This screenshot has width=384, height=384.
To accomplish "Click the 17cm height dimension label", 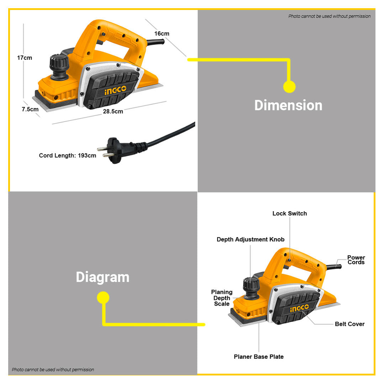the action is [x=25, y=58].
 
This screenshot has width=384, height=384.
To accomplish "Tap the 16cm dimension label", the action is [x=162, y=33].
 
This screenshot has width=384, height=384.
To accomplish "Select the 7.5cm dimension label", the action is [x=30, y=109].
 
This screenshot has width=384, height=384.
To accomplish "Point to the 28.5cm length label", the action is [x=113, y=111].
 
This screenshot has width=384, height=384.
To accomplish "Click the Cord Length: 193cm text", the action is [x=68, y=156].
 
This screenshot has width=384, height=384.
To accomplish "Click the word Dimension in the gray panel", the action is [x=288, y=105].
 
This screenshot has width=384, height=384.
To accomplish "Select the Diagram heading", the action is [x=103, y=277].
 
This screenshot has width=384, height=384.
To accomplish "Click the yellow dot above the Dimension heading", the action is [x=289, y=87].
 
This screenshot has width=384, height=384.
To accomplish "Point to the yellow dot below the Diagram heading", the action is [x=103, y=297].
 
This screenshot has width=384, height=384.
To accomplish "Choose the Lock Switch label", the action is [x=290, y=214].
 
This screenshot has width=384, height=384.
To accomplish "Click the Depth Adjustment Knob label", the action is [x=250, y=239].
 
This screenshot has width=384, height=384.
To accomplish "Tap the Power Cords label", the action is [x=356, y=260].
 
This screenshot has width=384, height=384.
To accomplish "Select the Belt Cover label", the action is [x=350, y=324].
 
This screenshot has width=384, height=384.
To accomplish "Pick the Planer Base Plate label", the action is [x=259, y=357].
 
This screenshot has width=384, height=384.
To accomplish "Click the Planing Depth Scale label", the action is [x=222, y=298].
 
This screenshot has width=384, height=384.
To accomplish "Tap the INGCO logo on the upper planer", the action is [x=115, y=90].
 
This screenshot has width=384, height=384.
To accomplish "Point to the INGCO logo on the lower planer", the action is [x=299, y=308].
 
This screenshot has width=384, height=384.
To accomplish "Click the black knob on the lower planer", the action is [x=251, y=289].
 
